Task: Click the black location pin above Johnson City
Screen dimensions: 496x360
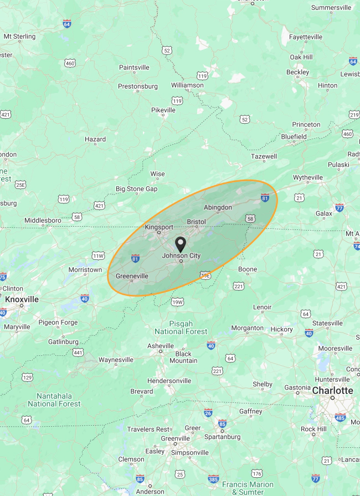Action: pos(181,244)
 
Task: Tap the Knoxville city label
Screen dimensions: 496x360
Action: pos(22,299)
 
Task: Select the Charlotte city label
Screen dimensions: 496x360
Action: pos(332,391)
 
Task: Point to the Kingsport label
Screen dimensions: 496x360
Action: pos(159,227)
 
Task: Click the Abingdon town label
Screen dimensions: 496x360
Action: pos(218,207)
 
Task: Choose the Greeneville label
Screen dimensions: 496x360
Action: pos(132,276)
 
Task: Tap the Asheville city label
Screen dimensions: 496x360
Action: pos(161,346)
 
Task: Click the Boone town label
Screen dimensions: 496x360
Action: pos(248,269)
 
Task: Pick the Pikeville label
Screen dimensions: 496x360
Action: pos(163,110)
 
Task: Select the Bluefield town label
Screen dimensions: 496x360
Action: pos(294,136)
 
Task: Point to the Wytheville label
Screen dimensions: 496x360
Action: pos(308,178)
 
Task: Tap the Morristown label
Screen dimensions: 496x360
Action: pos(85,270)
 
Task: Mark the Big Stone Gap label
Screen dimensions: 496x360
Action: pos(136,189)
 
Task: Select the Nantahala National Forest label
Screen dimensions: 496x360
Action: pos(54,400)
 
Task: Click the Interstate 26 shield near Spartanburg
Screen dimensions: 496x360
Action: pos(208,413)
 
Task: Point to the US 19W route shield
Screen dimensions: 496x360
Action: pos(177,302)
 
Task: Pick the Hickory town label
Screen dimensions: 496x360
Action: pos(282,329)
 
